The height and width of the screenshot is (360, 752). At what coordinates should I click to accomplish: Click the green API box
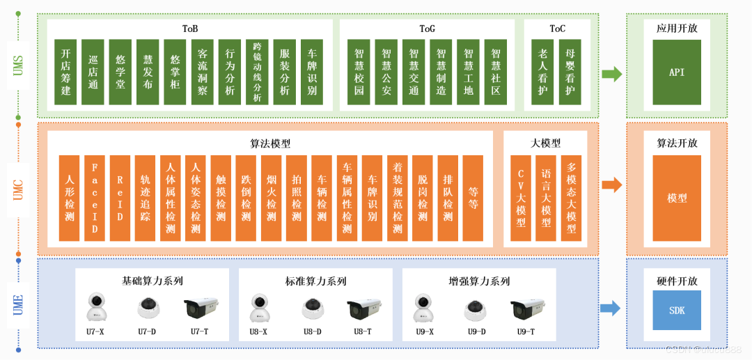coord(677,72)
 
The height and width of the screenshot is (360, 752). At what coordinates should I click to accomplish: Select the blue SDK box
coord(677,310)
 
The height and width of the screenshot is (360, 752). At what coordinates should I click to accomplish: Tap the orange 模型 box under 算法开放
coord(677,198)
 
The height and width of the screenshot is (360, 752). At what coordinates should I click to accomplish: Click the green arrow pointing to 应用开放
coord(612,74)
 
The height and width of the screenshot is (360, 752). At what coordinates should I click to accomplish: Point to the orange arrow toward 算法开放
coord(612,185)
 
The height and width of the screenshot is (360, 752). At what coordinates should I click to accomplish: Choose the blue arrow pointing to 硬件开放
coord(611,308)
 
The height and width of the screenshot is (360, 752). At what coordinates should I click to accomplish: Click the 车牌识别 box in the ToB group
coord(312,72)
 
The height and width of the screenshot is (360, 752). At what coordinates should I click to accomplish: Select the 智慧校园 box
coord(359,72)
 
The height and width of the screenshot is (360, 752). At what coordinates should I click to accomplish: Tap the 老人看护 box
coord(543,72)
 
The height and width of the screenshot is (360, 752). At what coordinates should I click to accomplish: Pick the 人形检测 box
coord(70,198)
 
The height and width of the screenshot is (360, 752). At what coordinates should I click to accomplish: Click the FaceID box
coord(95,198)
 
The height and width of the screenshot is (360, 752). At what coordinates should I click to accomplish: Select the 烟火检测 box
coord(272,198)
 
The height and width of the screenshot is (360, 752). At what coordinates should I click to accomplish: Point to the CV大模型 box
coord(521,198)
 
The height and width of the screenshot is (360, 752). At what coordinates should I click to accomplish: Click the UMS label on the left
coord(19,65)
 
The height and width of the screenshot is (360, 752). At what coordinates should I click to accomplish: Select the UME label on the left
coord(19,305)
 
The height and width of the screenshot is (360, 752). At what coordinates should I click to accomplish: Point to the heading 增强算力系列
coord(479,281)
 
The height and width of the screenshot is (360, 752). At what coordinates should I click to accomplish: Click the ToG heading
coord(427,29)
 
